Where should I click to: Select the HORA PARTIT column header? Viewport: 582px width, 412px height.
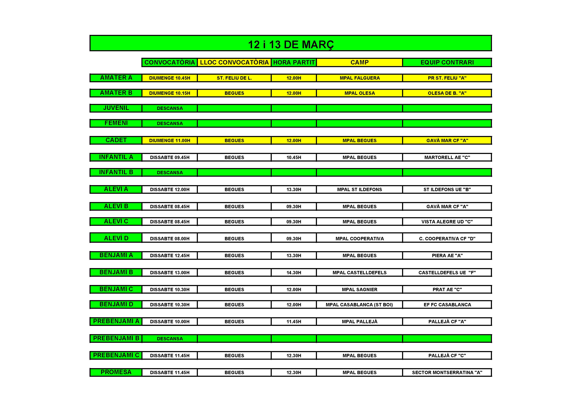click(294, 63)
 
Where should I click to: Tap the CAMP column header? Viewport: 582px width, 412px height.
click(360, 63)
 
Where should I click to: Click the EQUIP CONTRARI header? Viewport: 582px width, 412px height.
click(447, 63)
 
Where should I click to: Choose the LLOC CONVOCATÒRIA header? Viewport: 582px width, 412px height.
click(234, 63)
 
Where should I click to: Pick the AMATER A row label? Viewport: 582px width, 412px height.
click(116, 78)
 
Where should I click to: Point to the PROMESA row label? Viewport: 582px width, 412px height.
click(116, 372)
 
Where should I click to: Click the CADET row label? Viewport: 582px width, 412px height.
click(116, 140)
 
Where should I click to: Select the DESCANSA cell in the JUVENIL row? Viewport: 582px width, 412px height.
click(170, 108)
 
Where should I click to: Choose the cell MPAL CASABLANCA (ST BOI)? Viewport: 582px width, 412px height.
click(360, 305)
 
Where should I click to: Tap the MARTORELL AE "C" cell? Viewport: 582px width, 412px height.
click(447, 157)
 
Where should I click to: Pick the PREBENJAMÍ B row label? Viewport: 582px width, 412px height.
click(116, 338)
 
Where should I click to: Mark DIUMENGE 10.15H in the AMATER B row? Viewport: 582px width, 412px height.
click(170, 93)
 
